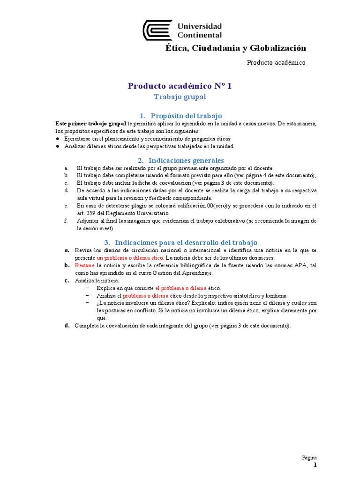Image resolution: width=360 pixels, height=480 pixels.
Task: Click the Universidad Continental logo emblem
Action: [158, 30]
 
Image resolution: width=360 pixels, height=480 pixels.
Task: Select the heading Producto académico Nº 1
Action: [180, 86]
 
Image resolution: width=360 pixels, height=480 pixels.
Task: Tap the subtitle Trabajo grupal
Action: [180, 97]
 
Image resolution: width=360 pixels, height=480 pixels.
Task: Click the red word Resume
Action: [85, 265]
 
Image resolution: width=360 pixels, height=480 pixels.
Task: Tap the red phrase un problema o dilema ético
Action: [130, 258]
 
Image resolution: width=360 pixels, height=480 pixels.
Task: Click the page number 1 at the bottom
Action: [315, 465]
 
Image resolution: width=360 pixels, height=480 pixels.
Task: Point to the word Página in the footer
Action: [309, 457]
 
